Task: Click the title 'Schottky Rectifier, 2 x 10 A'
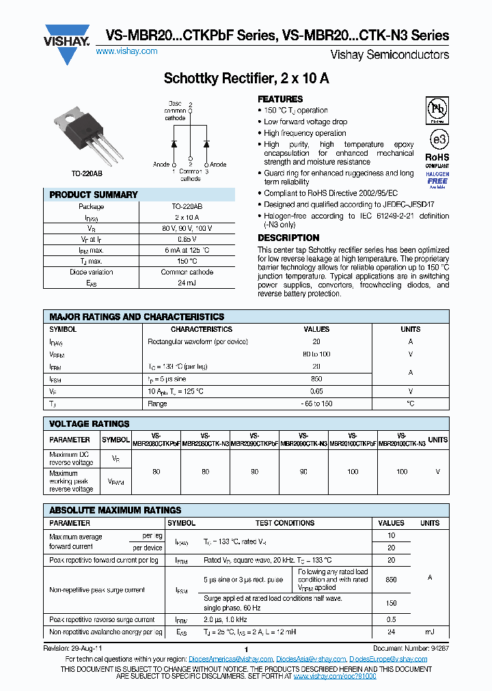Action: click(x=246, y=79)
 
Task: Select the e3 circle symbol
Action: click(x=437, y=139)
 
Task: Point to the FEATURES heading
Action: click(x=280, y=99)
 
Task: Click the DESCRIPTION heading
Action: click(x=288, y=238)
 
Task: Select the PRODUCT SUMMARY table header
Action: click(x=94, y=195)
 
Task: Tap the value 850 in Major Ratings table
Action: click(x=316, y=378)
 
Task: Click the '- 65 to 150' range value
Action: click(x=316, y=404)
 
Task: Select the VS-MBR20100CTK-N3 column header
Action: click(x=401, y=440)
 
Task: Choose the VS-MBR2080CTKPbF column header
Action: click(x=156, y=440)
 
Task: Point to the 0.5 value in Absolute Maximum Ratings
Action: click(x=392, y=620)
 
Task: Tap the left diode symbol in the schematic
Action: click(x=174, y=144)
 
